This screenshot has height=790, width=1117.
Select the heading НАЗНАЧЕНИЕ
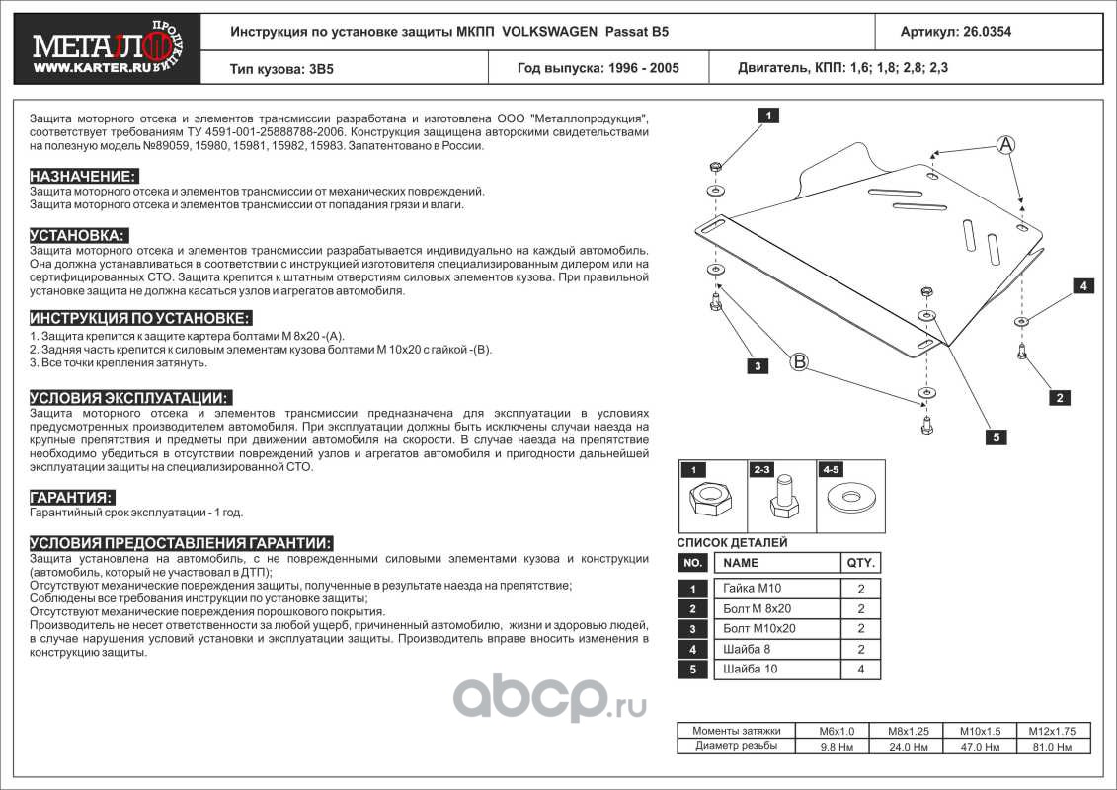(83, 176)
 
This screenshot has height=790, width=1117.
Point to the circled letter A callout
(1004, 145)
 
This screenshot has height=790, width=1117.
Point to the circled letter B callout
(799, 361)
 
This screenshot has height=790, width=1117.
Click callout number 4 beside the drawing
(1082, 286)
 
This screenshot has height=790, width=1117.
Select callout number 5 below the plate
(997, 436)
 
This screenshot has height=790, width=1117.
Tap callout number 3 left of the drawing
(758, 366)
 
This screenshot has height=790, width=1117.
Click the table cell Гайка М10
(755, 588)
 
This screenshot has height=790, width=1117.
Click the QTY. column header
(859, 563)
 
